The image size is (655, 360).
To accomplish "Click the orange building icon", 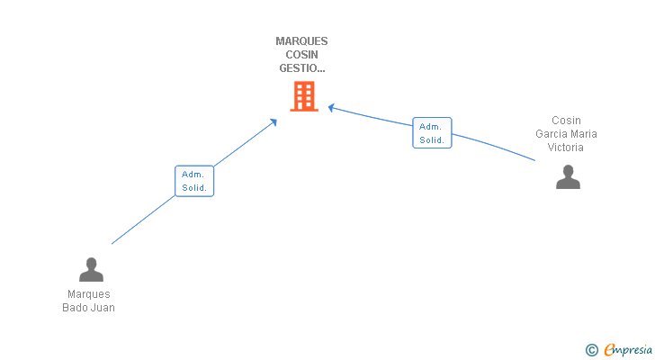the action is click(304, 96).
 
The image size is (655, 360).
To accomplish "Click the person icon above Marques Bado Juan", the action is click(91, 269).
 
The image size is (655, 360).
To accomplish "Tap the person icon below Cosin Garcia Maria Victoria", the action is click(568, 177).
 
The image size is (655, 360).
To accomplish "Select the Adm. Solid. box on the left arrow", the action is click(194, 181).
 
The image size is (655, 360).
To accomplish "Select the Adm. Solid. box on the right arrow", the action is click(432, 133).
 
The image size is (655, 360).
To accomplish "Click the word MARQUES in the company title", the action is click(301, 41).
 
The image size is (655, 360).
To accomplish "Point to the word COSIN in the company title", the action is click(301, 54).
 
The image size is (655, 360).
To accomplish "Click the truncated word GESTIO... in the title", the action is click(301, 67).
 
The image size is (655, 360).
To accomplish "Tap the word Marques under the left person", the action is click(88, 294).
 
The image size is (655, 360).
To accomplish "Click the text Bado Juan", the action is click(88, 308).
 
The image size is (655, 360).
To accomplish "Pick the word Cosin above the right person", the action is click(566, 121).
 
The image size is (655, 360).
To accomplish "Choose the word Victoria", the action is click(566, 148).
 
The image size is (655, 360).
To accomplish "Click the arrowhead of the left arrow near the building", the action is click(274, 121).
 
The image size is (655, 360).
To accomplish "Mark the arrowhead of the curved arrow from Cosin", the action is click(331, 107).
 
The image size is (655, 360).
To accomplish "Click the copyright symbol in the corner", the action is click(591, 349).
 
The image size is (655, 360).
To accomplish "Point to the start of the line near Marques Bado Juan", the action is click(112, 243).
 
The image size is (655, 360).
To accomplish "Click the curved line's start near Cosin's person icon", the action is click(534, 160).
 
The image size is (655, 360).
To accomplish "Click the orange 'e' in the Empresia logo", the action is click(609, 349).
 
